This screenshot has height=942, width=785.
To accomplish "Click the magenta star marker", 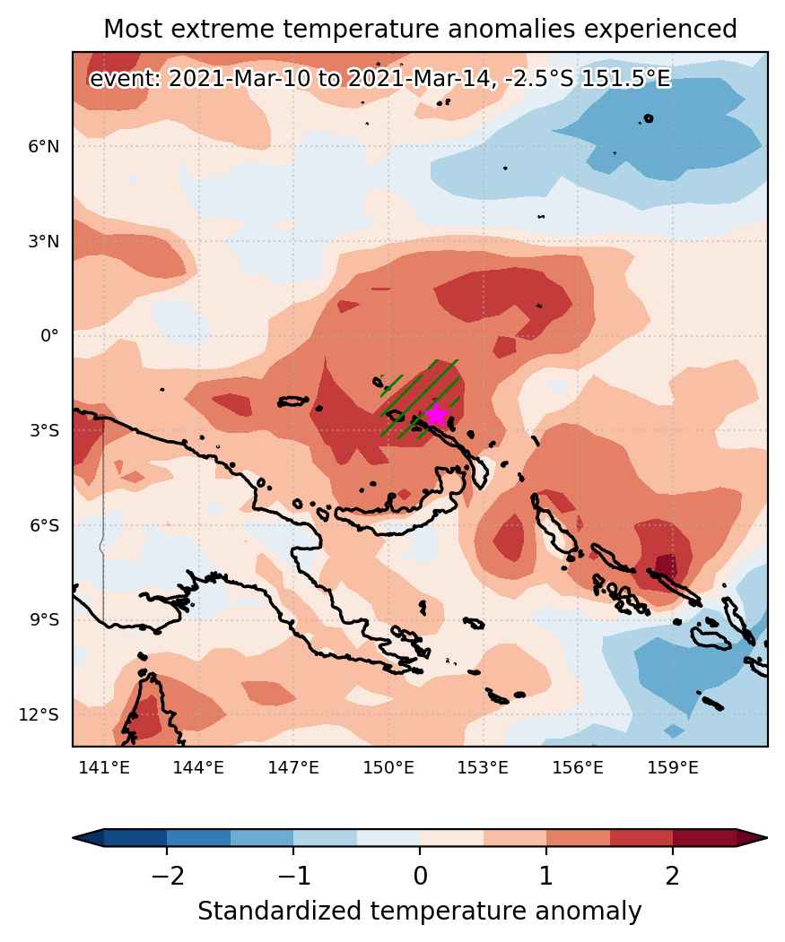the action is point(436,414).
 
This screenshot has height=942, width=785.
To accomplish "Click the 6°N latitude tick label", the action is point(44,146).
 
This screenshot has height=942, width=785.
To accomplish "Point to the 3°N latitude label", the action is point(44,241).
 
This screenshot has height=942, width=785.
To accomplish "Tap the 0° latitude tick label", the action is point(50,335).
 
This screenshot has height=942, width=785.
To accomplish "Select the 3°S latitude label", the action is point(45,430).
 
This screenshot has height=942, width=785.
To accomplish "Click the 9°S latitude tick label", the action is point(45,619).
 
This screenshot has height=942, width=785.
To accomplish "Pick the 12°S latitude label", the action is point(39,714).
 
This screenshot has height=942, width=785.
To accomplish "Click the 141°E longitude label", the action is point(104,767).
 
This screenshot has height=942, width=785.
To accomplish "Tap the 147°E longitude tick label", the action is point(293,767).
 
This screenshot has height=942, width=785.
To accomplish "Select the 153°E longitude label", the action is point(483,767).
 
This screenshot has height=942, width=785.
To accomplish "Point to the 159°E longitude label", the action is point(673,767).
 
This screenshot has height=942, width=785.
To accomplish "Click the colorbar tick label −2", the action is point(167,876).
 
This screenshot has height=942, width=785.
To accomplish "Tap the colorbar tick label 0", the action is point(420,876).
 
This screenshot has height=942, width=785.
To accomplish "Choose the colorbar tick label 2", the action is point(673,876).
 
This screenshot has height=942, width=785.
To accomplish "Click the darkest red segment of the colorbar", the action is point(704,837).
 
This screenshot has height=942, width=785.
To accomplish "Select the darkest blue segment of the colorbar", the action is point(135,837).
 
